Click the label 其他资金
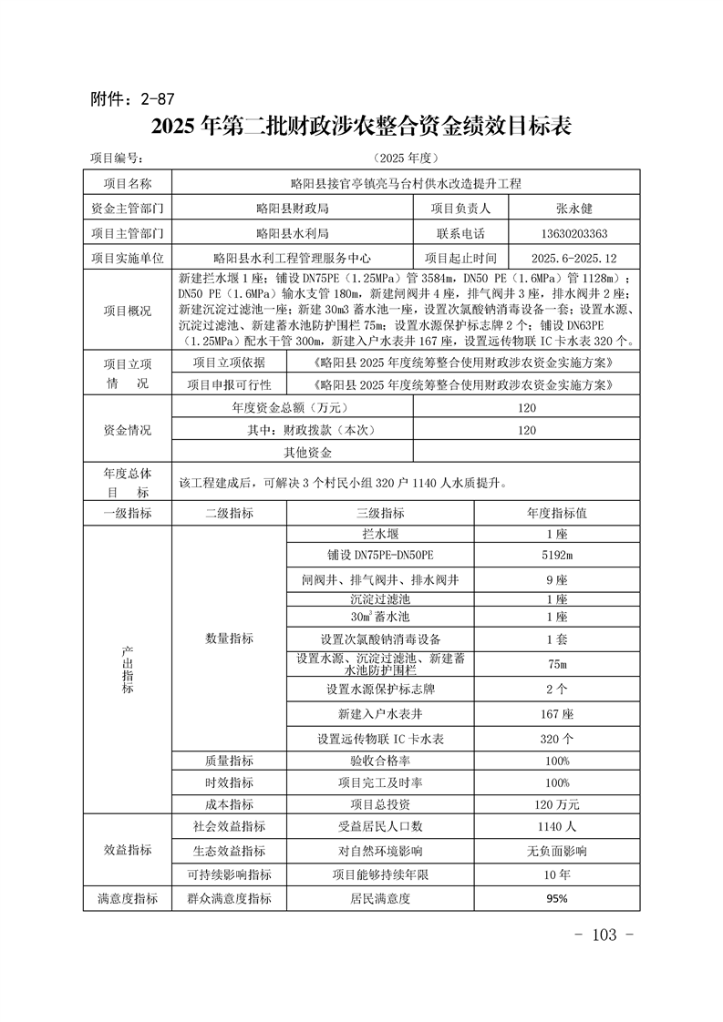[308, 453]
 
